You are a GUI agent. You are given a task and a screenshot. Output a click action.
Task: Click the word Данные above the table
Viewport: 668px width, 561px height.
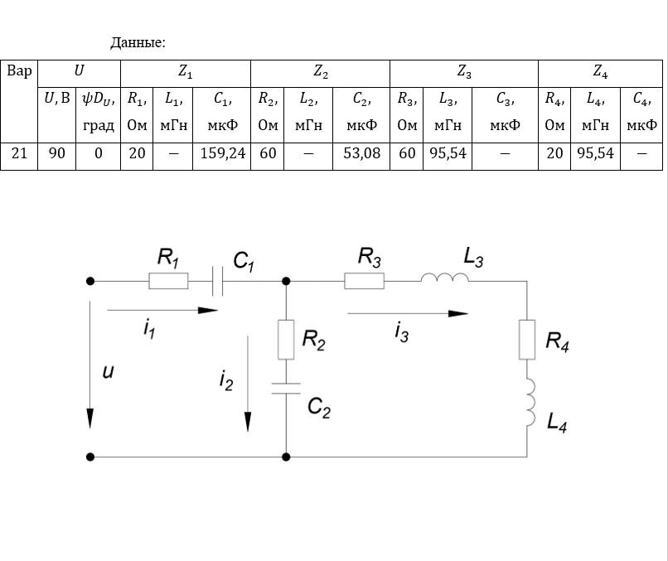tap(138, 42)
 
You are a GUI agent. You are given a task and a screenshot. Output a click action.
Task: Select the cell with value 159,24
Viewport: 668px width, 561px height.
tap(222, 154)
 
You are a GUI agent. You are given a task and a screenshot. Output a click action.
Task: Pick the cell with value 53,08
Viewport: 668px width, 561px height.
tap(361, 154)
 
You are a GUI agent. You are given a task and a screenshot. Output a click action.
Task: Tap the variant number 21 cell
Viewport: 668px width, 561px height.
tap(19, 154)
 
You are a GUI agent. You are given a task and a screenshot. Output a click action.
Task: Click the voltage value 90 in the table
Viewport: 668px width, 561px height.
tap(56, 154)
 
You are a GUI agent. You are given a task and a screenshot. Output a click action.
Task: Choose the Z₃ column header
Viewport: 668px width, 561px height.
tap(464, 73)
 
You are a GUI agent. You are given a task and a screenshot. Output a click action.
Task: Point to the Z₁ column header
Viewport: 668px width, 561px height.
tap(186, 73)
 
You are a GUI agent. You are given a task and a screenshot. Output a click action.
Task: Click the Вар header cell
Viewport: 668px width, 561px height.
tap(19, 71)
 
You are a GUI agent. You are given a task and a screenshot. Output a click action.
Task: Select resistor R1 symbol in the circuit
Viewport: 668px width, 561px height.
tap(168, 282)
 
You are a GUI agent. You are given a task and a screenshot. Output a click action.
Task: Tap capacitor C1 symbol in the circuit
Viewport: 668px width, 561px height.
tap(217, 282)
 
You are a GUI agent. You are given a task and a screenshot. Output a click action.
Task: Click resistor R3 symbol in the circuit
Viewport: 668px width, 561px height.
tap(364, 282)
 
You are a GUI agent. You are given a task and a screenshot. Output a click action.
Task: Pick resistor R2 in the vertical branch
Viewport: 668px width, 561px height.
tap(286, 340)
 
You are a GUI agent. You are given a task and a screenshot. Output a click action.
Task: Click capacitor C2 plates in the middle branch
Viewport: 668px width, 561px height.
tap(286, 388)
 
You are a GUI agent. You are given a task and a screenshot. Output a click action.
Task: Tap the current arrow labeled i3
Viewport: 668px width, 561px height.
tap(407, 314)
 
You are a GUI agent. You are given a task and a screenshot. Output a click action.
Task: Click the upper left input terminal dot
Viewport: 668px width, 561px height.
tap(90, 282)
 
